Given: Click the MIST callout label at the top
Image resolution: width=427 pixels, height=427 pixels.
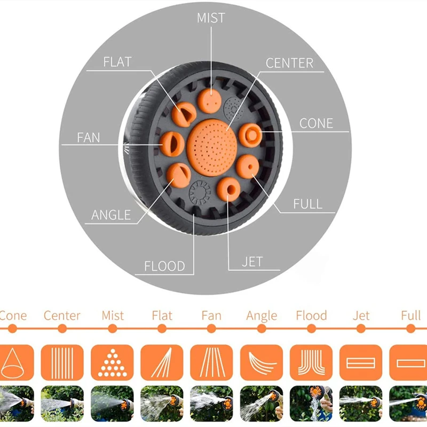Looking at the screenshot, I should pos(211,18).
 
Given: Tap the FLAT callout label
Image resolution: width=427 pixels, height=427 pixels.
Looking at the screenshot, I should pos(117,62).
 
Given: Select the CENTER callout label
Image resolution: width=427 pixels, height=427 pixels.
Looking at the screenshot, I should pos(289,63).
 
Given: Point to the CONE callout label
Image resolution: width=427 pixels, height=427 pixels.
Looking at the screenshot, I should pos(316,123).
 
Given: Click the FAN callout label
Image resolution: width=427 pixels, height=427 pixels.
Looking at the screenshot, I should pos(89,137).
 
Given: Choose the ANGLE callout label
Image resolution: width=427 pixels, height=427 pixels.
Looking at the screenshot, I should pos(111,215).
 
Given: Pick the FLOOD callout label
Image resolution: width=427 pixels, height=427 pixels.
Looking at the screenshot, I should pos(164,266).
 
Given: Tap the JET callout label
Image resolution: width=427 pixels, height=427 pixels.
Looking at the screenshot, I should pos(252,262).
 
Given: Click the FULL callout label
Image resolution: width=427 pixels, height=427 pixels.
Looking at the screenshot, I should pos(308,204).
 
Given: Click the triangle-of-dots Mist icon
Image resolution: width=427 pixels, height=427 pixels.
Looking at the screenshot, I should pos(112,363).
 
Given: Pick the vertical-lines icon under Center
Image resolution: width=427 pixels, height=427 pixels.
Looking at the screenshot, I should pos(62,363).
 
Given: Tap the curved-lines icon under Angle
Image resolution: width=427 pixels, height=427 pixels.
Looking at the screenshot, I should pos(262,363).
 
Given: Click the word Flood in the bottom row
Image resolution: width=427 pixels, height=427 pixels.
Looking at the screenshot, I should pos(311,315).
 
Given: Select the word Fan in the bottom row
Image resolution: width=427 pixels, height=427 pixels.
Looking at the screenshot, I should pos(211,315).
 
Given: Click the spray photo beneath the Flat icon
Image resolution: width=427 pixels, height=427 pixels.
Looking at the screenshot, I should pos(161,404).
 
